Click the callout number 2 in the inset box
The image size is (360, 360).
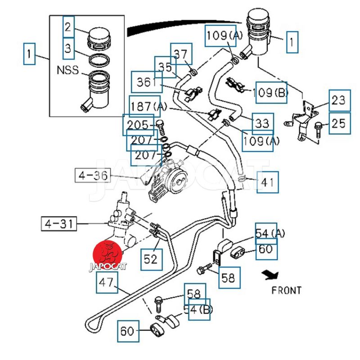click(x=67, y=28)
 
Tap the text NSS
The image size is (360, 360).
click(x=67, y=70)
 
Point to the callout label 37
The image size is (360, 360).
click(x=181, y=54)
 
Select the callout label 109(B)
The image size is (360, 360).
click(x=270, y=93)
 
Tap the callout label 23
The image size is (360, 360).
click(x=339, y=101)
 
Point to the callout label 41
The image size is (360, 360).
click(x=267, y=182)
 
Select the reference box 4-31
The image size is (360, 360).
click(x=60, y=223)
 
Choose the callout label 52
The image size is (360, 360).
click(x=151, y=259)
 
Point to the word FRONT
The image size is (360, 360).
click(x=286, y=290)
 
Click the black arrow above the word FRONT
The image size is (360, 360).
click(x=271, y=274)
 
